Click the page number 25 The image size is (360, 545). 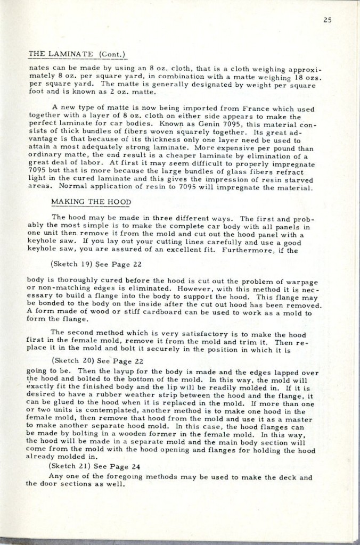coord(328,21)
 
